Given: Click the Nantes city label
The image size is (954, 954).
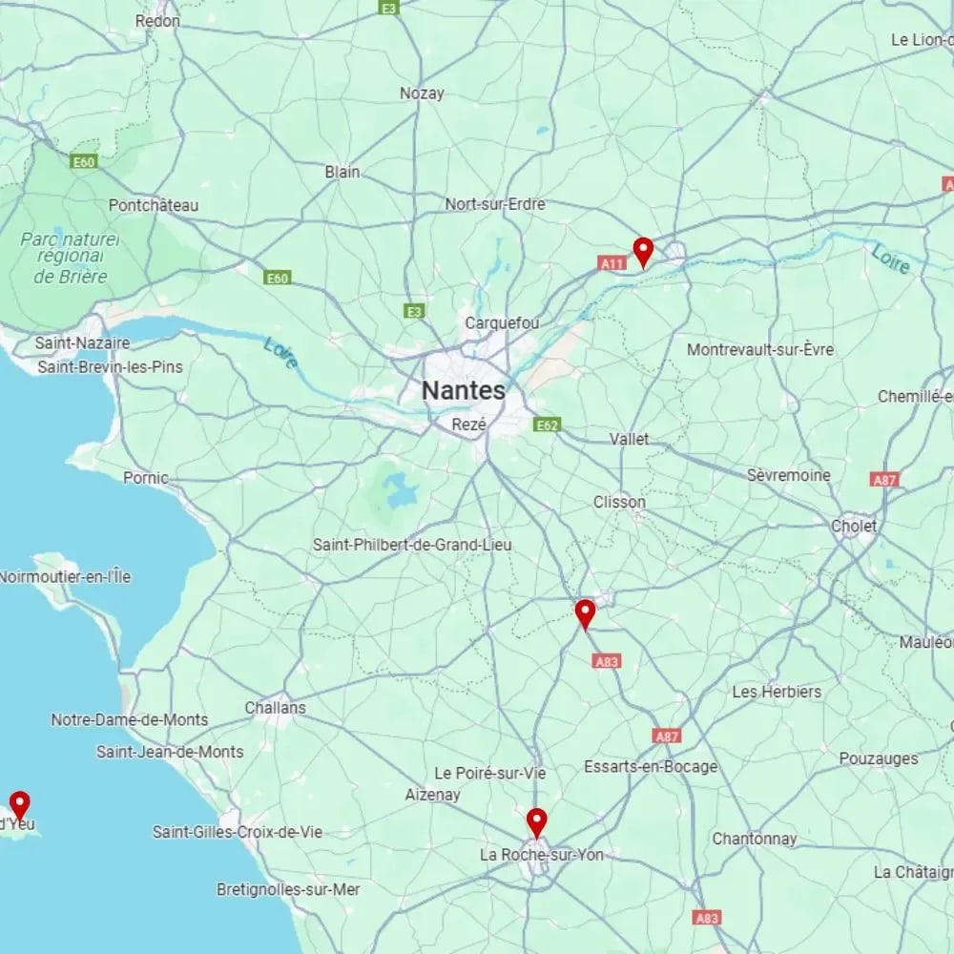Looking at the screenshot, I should tap(464, 390).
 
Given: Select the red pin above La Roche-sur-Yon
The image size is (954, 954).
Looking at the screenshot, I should tap(537, 821).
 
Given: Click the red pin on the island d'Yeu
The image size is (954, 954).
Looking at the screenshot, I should tap(19, 805).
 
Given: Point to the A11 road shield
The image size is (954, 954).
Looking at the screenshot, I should tap(612, 263).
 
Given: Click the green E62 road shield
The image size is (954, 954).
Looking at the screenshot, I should tap(548, 425).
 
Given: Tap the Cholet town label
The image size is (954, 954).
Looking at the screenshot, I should tap(854, 526).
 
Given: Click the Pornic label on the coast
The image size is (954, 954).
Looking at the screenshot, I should tap(146, 478).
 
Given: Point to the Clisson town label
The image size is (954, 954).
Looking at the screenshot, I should tap(619, 502).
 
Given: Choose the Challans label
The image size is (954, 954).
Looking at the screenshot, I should tap(275, 708).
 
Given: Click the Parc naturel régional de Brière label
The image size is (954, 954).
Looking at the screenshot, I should tap(71, 257).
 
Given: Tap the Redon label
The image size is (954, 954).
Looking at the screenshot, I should tap(157, 20).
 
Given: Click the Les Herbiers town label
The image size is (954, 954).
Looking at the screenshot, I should tap(777, 692).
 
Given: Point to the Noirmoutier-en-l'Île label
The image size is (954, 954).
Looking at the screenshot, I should tap(65, 577).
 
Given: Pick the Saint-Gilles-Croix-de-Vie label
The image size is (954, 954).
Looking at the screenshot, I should tap(238, 832).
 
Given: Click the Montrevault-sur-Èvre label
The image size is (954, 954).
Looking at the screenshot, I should tap(760, 350).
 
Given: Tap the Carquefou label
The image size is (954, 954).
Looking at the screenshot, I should tap(502, 323).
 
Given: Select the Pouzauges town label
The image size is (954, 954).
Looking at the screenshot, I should tap(879, 758).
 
